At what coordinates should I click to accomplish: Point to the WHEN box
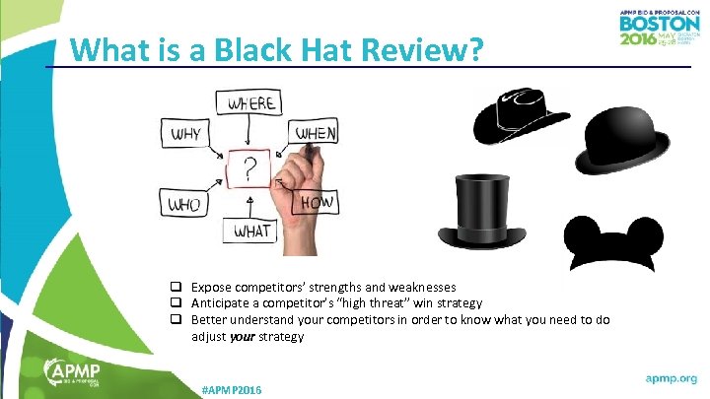(x=315, y=132)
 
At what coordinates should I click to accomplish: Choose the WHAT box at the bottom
(x=252, y=232)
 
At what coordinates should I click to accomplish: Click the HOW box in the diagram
(x=316, y=203)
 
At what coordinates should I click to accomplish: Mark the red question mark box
(x=249, y=168)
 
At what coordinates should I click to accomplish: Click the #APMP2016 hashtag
(x=232, y=390)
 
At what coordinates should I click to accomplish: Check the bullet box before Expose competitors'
(x=175, y=287)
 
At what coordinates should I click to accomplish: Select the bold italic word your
(x=241, y=337)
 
